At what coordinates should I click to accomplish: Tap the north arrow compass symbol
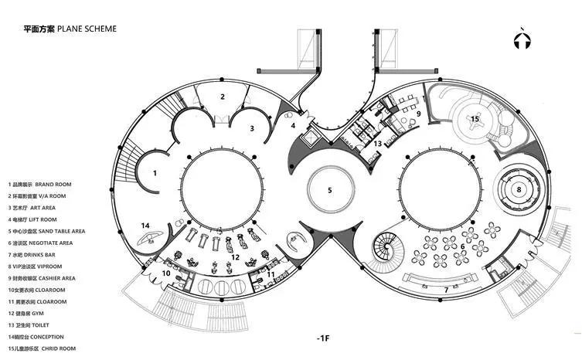tap(522, 38)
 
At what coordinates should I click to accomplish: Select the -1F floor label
tap(323, 338)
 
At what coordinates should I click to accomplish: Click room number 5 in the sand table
tap(329, 190)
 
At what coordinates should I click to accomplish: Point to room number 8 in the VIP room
tap(519, 189)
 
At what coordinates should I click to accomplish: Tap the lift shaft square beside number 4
tap(310, 138)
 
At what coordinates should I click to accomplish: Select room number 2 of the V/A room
tap(223, 97)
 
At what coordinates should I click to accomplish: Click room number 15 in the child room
tap(475, 119)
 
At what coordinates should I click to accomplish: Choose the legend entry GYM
tap(26, 314)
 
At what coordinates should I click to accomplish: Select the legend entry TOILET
tap(29, 325)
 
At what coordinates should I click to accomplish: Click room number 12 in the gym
tap(235, 257)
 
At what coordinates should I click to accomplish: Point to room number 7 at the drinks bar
tap(446, 290)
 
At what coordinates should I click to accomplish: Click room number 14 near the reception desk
tap(145, 226)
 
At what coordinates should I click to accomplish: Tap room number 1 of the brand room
tap(155, 173)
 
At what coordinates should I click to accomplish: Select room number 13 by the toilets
tap(377, 143)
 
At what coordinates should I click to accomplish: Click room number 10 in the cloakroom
tap(166, 273)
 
